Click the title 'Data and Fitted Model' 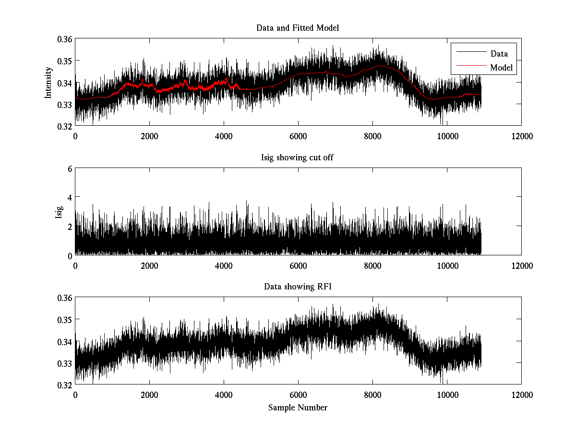click(x=298, y=28)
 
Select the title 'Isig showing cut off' click(x=298, y=157)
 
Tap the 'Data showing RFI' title click(x=298, y=287)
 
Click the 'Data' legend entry click(x=499, y=54)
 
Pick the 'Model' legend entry click(x=501, y=68)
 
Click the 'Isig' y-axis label click(x=59, y=212)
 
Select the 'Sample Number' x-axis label click(x=298, y=408)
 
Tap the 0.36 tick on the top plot click(x=65, y=39)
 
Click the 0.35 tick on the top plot click(x=65, y=61)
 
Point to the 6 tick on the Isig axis click(x=70, y=168)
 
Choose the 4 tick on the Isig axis click(x=70, y=197)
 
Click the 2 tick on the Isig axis click(x=70, y=226)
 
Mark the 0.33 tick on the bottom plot click(x=65, y=363)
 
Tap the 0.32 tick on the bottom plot click(x=65, y=385)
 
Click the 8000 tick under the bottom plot click(x=372, y=395)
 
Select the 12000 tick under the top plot click(x=521, y=136)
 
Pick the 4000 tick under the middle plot click(x=224, y=265)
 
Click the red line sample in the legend click(x=470, y=68)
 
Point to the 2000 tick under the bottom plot click(x=149, y=395)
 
